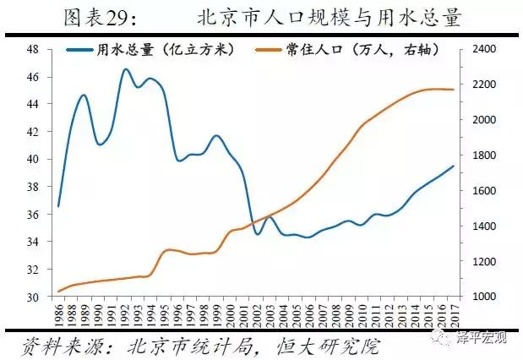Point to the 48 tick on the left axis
pyautogui.click(x=34, y=49)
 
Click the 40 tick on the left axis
pyautogui.click(x=34, y=160)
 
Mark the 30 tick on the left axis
pyautogui.click(x=34, y=297)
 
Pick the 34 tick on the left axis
pyautogui.click(x=34, y=243)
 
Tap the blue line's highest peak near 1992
pyautogui.click(x=125, y=69)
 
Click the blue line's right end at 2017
pyautogui.click(x=454, y=166)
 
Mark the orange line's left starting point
pyautogui.click(x=58, y=292)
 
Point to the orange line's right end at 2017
pyautogui.click(x=454, y=90)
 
